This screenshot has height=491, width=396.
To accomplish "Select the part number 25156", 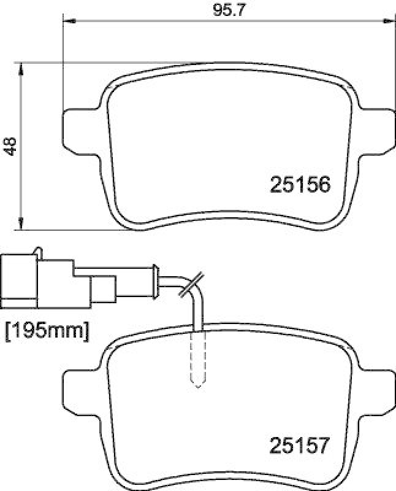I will tap(300, 184).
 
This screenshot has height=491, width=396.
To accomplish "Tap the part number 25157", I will tap(300, 444).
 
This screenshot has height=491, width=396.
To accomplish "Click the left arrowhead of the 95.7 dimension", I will tap(68, 22).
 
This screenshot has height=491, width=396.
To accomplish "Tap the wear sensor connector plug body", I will tap(21, 282).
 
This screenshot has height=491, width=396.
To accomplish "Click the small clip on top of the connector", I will tap(39, 252).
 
